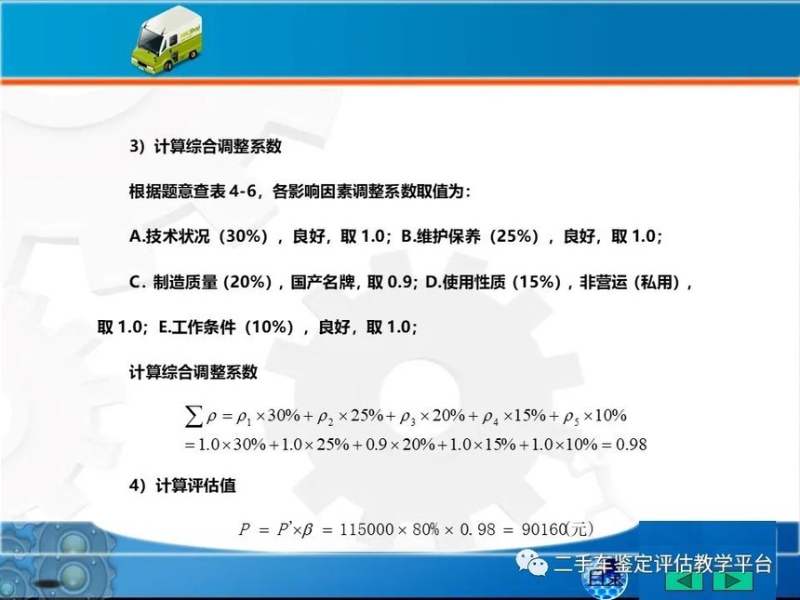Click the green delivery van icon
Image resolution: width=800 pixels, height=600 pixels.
[167, 40]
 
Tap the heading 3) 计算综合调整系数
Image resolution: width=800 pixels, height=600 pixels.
[205, 146]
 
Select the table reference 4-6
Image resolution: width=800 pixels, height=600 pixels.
[243, 192]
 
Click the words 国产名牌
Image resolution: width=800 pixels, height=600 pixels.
[323, 282]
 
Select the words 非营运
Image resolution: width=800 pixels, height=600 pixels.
[604, 282]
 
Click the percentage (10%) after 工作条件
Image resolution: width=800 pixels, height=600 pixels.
[270, 327]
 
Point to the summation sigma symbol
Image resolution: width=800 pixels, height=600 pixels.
[193, 417]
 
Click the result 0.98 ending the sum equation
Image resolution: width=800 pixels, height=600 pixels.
[631, 445]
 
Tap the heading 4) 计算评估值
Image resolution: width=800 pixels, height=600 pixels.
[182, 486]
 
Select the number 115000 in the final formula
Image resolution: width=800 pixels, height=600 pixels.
[367, 529]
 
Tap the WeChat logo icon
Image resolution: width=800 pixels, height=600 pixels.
[531, 562]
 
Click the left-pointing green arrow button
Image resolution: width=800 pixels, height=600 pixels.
[685, 581]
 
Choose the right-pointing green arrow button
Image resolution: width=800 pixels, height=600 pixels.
[733, 581]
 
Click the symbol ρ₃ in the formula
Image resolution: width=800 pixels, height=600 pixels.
[407, 418]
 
